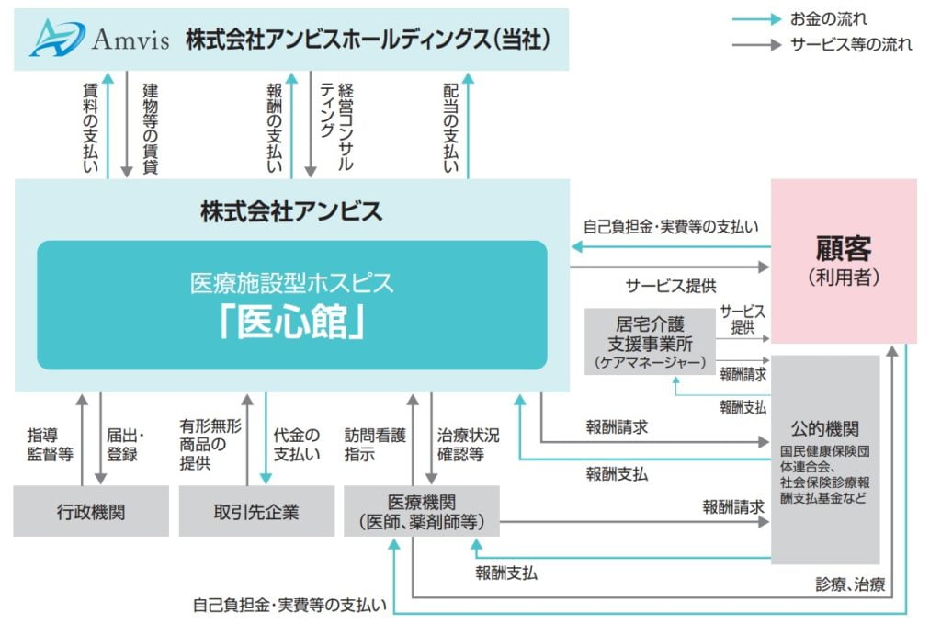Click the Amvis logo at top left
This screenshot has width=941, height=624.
tap(99, 39)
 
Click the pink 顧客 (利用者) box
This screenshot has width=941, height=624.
tap(844, 260)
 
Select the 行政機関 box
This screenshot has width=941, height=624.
tap(91, 512)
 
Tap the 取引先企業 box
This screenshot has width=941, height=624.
tap(256, 512)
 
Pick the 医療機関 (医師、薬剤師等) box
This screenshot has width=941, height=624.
tap(421, 512)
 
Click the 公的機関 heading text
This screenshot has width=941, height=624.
tap(825, 429)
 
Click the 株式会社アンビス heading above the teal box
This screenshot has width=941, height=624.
tap(291, 211)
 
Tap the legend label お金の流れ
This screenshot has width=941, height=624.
tap(828, 18)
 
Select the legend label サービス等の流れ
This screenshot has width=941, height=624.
tap(852, 43)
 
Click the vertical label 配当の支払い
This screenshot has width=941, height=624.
tap(451, 128)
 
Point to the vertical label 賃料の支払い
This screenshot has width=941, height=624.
tap(91, 128)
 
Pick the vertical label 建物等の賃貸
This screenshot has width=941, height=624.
tap(151, 128)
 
